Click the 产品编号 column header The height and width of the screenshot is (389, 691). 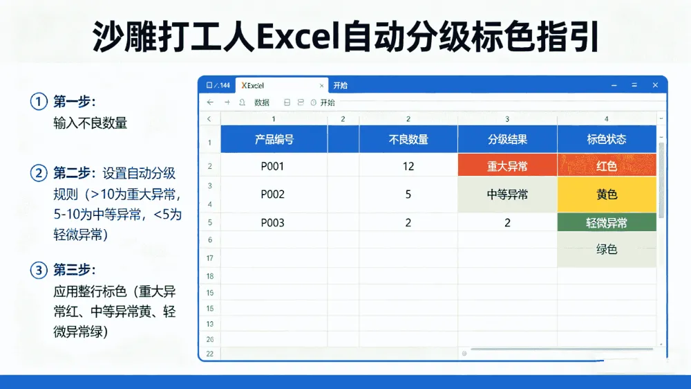(x=274, y=140)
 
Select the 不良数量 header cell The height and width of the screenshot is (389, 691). (x=408, y=140)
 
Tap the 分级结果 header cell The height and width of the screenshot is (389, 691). (x=507, y=140)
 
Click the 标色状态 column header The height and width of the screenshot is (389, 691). (x=607, y=140)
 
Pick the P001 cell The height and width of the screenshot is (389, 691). (x=274, y=166)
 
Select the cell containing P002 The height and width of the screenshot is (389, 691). (x=274, y=194)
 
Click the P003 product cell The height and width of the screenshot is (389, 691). (x=274, y=223)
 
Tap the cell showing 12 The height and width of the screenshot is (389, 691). (x=408, y=166)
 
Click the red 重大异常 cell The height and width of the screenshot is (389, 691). (x=507, y=166)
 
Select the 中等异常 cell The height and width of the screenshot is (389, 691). (x=507, y=194)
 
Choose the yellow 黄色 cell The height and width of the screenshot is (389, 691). (x=607, y=194)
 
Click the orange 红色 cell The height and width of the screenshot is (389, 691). (x=607, y=166)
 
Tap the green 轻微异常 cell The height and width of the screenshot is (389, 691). (x=607, y=223)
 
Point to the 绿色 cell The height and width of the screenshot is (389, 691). (x=607, y=249)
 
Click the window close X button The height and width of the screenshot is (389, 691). (x=655, y=85)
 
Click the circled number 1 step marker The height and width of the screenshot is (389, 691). (x=39, y=102)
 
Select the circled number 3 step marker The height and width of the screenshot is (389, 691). (x=39, y=270)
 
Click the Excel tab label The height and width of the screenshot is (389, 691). (x=252, y=86)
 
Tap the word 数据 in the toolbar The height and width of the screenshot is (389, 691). (x=262, y=102)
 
